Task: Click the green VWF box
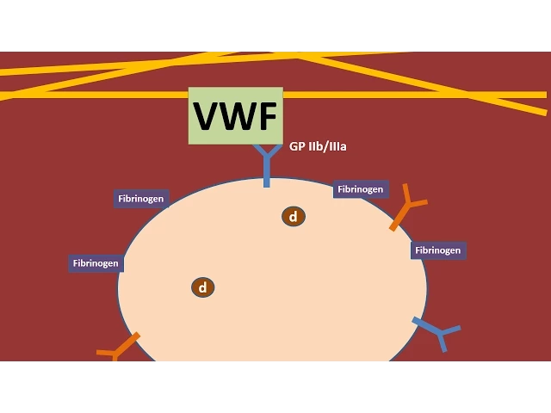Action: coord(235,96)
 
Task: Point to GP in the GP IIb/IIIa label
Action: coord(297,146)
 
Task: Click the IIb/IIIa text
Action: coord(328,146)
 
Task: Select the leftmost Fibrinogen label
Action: coord(96,263)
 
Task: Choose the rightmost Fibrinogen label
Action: coord(438,250)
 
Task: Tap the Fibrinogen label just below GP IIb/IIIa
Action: coord(360,189)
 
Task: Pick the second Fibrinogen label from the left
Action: coord(141,199)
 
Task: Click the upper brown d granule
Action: coord(294,217)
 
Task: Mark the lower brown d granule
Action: coord(203,287)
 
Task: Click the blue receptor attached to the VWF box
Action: coord(266,163)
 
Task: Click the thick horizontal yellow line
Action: coord(387,95)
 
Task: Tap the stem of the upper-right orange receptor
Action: coord(399,219)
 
